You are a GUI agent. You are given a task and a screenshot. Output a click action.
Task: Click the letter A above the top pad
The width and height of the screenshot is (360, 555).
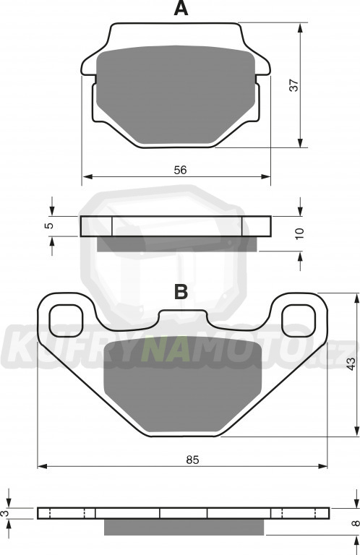click(181, 8)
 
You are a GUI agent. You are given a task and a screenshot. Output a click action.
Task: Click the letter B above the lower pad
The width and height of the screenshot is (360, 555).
click(181, 292)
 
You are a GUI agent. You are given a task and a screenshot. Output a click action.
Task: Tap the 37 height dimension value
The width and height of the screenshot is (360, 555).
click(294, 85)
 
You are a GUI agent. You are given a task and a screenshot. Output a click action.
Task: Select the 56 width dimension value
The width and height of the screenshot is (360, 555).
click(180, 170)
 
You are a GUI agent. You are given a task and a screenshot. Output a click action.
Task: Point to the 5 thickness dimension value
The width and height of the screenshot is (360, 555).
click(51, 225)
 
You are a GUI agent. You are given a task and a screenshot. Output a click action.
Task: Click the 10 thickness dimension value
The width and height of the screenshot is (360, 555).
click(299, 233)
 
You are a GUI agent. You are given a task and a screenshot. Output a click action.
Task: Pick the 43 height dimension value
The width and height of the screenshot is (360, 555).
click(351, 364)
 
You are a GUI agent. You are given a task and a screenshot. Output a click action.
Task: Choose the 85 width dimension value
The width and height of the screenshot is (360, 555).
click(193, 460)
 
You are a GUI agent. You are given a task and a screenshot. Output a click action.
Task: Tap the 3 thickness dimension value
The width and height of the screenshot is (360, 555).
click(4, 513)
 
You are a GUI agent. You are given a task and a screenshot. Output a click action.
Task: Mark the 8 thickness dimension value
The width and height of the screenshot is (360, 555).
click(356, 522)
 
